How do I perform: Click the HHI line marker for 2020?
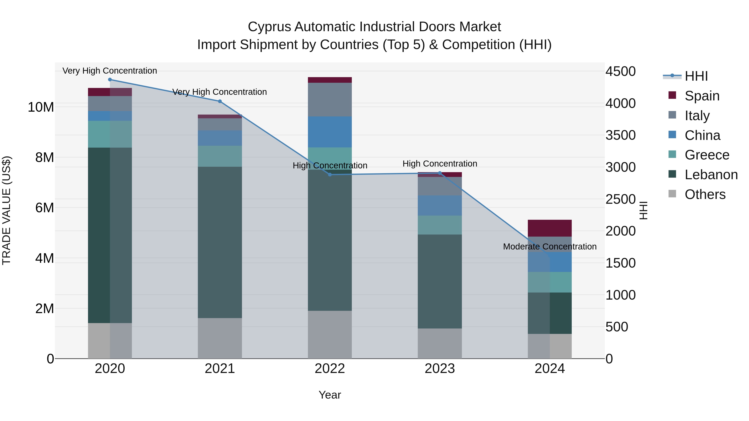tap(110, 80)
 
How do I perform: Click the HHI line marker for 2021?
tap(220, 101)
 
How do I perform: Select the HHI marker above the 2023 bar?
tap(440, 173)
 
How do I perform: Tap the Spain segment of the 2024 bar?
tap(549, 228)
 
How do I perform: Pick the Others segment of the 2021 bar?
tap(220, 338)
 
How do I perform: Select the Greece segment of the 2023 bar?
tap(440, 225)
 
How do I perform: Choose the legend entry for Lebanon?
tap(711, 175)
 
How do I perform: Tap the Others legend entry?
tap(705, 194)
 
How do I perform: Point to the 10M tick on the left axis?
tap(41, 107)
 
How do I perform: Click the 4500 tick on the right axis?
tap(620, 72)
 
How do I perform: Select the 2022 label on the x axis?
tap(330, 369)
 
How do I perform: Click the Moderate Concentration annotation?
tap(549, 246)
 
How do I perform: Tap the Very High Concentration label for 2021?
tap(219, 92)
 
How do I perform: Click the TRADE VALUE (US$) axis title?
tap(6, 210)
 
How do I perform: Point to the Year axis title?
tap(330, 395)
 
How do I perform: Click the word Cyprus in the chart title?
tap(269, 27)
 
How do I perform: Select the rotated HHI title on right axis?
tap(643, 210)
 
